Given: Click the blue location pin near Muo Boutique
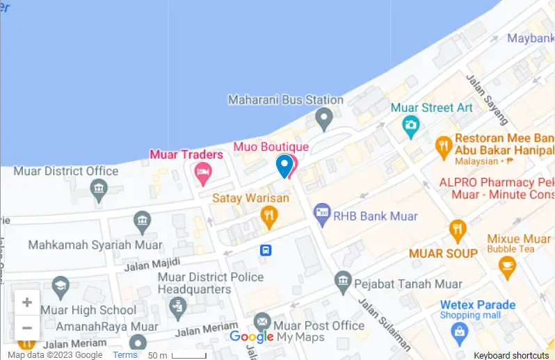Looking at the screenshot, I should click(x=284, y=165).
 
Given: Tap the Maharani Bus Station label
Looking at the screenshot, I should click(x=286, y=100).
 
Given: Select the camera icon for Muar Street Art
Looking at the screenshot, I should click(x=411, y=126).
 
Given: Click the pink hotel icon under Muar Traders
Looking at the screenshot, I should click(x=202, y=172).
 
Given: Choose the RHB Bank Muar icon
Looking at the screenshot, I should click(x=321, y=216).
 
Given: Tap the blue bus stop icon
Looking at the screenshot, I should click(x=265, y=250).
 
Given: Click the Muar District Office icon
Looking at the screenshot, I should click(x=99, y=188).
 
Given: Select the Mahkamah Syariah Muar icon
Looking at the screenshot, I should click(x=143, y=222).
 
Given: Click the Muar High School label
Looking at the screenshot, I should click(x=88, y=310).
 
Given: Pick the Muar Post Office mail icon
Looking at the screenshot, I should click(x=262, y=322).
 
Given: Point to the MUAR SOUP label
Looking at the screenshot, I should click(x=443, y=254).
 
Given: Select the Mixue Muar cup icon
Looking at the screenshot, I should click(x=507, y=266).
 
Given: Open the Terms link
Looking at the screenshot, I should click(x=125, y=355).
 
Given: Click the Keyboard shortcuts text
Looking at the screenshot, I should click(x=511, y=355).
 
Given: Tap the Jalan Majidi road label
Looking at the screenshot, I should click(x=152, y=263).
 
